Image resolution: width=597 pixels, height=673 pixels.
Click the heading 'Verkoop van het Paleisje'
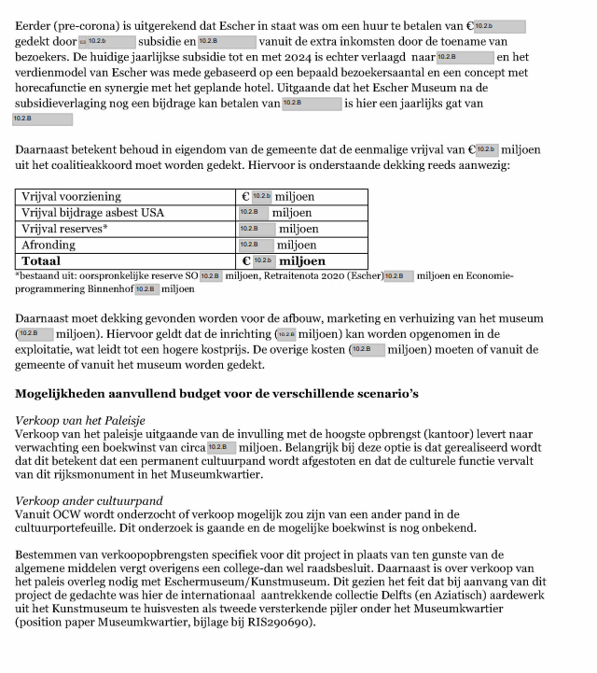[80, 421]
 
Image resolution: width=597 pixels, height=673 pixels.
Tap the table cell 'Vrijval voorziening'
[72, 197]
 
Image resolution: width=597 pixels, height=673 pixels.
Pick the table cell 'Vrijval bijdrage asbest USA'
[92, 213]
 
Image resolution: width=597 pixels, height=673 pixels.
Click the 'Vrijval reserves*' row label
[64, 229]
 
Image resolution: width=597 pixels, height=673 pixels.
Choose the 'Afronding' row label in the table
[50, 245]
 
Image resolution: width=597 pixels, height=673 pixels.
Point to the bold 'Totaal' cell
[43, 261]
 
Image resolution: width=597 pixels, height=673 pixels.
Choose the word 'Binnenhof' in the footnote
[110, 289]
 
